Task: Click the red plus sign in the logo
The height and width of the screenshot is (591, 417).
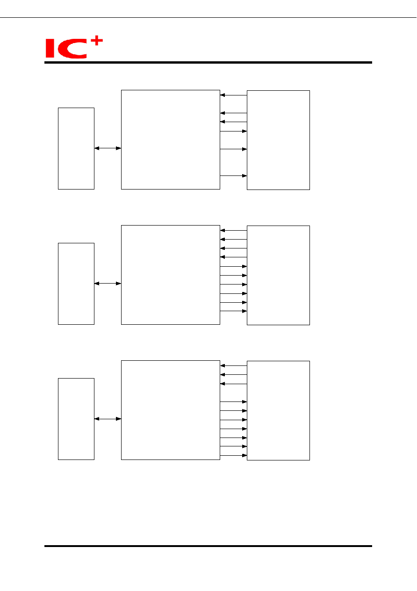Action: tap(96, 40)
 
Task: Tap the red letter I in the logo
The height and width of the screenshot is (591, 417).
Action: tap(50, 48)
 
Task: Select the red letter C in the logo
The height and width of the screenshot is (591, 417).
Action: tap(72, 49)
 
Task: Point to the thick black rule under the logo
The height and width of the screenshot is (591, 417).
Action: tap(208, 63)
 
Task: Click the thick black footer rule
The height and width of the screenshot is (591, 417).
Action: tap(208, 546)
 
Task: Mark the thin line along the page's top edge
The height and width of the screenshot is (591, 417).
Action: tap(208, 17)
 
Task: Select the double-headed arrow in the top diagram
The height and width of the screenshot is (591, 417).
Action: tap(108, 148)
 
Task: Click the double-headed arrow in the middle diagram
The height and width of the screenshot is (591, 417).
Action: tap(108, 284)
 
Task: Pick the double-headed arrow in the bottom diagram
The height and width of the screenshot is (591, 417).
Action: tap(108, 419)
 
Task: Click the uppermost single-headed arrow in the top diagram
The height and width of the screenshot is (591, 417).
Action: tap(234, 95)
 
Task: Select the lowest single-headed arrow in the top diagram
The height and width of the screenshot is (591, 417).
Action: tap(234, 176)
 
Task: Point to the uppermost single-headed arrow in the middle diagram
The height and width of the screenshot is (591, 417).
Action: tap(234, 230)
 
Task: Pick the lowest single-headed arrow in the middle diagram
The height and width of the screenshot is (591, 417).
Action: tap(234, 311)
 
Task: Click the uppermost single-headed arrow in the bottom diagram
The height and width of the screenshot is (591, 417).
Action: tap(234, 365)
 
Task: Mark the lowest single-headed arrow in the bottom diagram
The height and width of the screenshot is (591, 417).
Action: tap(234, 455)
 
